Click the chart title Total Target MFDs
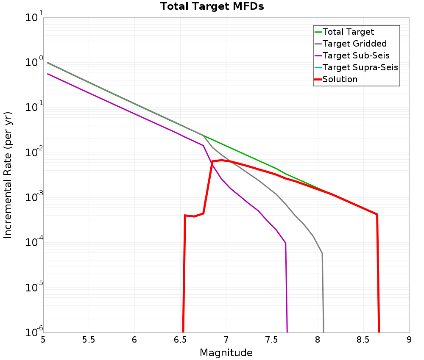click(212, 7)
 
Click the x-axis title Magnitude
click(226, 353)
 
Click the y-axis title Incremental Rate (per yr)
click(8, 175)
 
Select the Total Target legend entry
click(348, 32)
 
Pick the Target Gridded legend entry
click(354, 44)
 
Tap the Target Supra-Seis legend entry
click(360, 67)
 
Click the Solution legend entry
click(340, 79)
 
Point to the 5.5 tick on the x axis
click(89, 340)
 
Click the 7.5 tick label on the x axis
click(271, 340)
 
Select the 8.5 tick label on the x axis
click(363, 340)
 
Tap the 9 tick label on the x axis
click(409, 340)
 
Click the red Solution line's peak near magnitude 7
click(221, 160)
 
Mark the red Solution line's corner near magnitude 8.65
click(377, 214)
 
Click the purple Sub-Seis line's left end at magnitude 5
click(47, 74)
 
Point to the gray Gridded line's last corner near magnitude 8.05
click(322, 253)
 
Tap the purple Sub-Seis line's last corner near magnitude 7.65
click(286, 243)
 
